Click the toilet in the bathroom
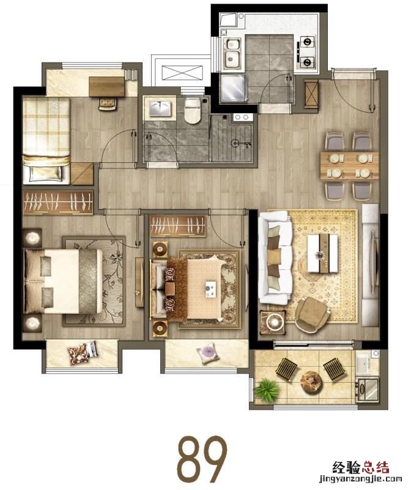point(192,111)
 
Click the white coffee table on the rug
point(322,253)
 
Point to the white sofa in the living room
point(275,257)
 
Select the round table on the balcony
point(311,382)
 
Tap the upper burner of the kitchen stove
point(307,41)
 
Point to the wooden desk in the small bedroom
point(107,86)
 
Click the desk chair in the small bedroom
point(108,104)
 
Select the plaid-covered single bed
point(46,141)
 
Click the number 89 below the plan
point(202,456)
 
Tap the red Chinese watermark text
point(361,468)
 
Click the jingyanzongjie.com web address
point(360,479)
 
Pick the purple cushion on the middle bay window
point(207,353)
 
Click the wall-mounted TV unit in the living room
point(371,265)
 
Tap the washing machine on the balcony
point(368,389)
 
